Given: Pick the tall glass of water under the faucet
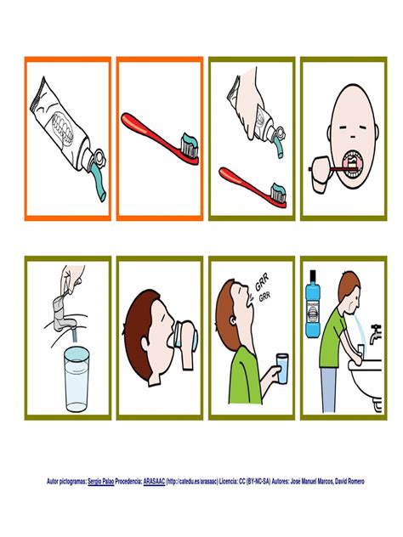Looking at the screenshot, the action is (77, 378).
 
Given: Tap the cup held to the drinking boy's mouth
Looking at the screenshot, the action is (185, 336).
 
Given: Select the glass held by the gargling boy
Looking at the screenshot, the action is (282, 369).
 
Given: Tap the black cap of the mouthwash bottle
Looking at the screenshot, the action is (313, 274).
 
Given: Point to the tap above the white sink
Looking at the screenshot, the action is (375, 333).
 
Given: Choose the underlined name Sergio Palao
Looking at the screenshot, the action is (100, 481).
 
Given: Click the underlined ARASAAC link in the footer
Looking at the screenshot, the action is (154, 481).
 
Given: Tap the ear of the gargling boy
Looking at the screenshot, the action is (233, 320).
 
